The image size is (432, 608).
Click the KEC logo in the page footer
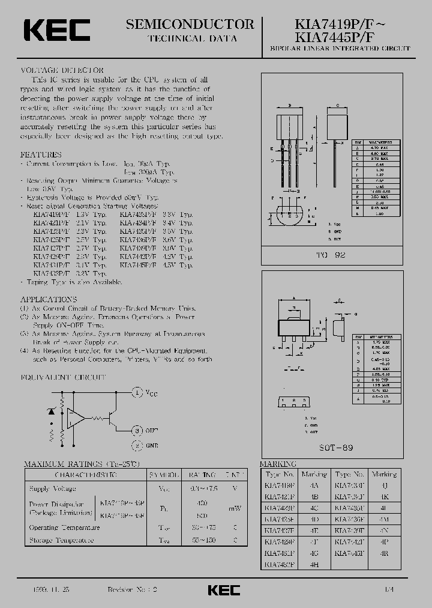pyautogui.click(x=224, y=591)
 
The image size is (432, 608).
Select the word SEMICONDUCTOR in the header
pyautogui.click(x=190, y=25)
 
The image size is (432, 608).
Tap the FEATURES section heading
pyautogui.click(x=41, y=154)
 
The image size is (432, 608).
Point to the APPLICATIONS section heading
pyautogui.click(x=49, y=299)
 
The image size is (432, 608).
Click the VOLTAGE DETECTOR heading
pyautogui.click(x=62, y=70)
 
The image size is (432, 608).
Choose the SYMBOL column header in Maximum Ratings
pyautogui.click(x=164, y=475)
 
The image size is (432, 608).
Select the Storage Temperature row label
pyautogui.click(x=62, y=540)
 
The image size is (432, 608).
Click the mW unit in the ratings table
pyautogui.click(x=235, y=508)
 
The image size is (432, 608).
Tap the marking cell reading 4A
pyautogui.click(x=314, y=484)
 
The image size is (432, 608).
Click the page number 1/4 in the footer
pyautogui.click(x=391, y=591)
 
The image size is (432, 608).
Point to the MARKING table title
pyautogui.click(x=278, y=464)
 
